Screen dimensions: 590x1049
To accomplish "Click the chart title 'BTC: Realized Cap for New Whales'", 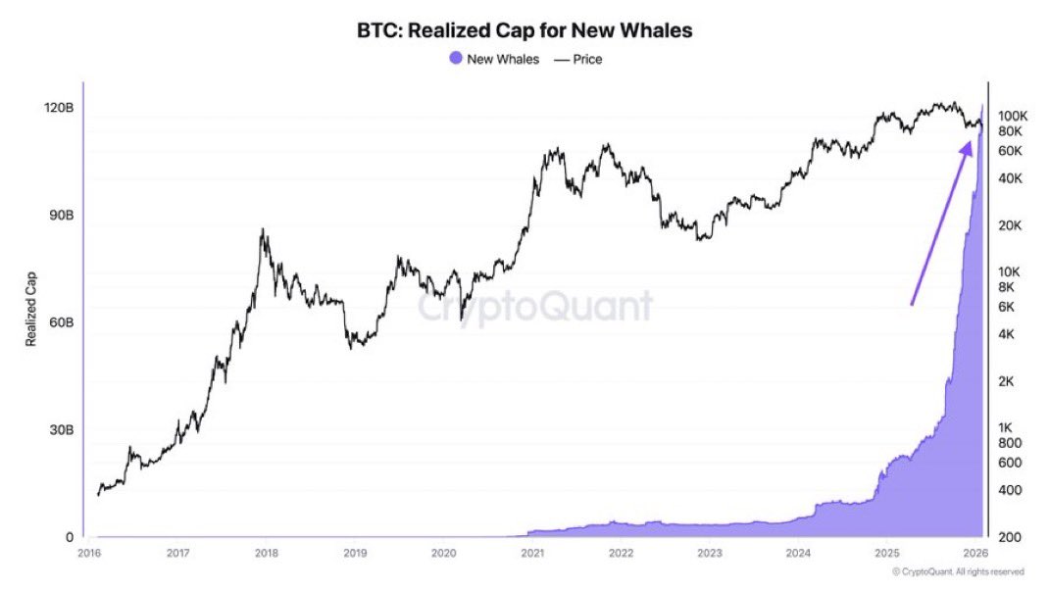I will tap(524, 30).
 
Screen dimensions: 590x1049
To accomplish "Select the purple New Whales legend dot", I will tap(455, 59).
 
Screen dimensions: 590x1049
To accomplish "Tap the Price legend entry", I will tap(577, 59).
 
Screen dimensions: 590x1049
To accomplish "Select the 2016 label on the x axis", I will tap(88, 554).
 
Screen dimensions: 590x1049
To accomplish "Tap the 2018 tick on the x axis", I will tap(266, 554).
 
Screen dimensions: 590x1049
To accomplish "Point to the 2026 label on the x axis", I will tap(974, 554).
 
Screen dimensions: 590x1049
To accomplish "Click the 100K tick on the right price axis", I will tap(1012, 116).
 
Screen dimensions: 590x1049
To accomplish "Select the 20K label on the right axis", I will tap(1010, 225).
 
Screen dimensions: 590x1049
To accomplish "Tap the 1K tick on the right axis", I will tap(1007, 427).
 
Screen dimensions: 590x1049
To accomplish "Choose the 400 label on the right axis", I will tap(1009, 490).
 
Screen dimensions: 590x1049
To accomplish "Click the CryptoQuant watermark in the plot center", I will tap(536, 307).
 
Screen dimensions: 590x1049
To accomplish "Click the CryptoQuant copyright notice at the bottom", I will tap(958, 571).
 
